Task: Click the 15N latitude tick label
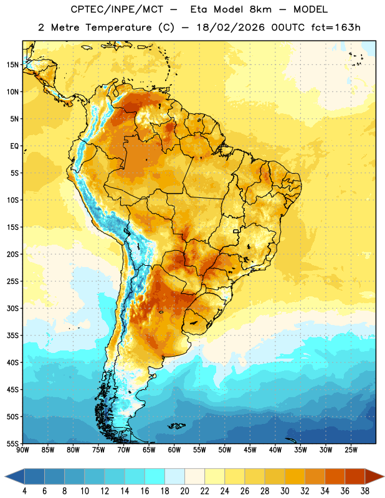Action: tap(12, 65)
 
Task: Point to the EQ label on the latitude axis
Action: tap(14, 146)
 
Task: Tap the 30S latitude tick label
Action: tap(12, 308)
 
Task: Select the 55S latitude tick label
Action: tap(12, 444)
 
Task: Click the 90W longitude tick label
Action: tap(22, 450)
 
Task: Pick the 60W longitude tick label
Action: tap(174, 450)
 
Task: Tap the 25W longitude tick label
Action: tap(351, 450)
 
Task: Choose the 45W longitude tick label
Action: tap(250, 450)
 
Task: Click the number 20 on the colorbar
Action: tap(184, 491)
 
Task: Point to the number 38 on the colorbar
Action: tap(364, 491)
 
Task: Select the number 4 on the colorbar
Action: tap(24, 491)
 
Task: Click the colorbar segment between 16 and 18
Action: tap(154, 476)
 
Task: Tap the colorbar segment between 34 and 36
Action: tap(335, 476)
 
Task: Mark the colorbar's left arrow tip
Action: tap(5, 476)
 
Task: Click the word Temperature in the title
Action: tap(118, 27)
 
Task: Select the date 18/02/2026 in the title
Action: tap(231, 27)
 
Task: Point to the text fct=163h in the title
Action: tap(336, 27)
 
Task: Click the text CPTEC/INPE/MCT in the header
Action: tap(117, 9)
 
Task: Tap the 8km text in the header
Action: tap(260, 9)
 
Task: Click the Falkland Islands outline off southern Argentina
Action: tap(176, 426)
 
